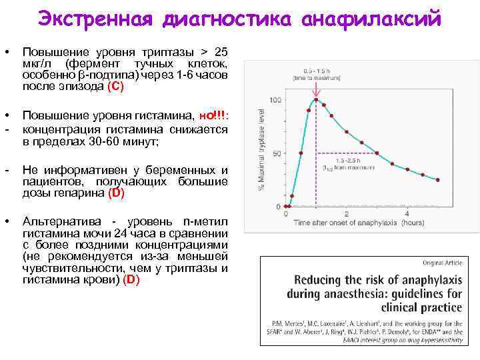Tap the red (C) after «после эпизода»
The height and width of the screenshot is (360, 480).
[115, 86]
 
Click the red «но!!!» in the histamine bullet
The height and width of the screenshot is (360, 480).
[211, 117]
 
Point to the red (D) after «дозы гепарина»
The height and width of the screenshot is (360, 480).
[115, 193]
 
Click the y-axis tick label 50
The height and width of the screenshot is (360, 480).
[275, 153]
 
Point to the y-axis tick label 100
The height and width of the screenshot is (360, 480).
[273, 101]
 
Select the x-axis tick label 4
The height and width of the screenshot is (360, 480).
[407, 213]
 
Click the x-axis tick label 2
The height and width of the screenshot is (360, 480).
[347, 213]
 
